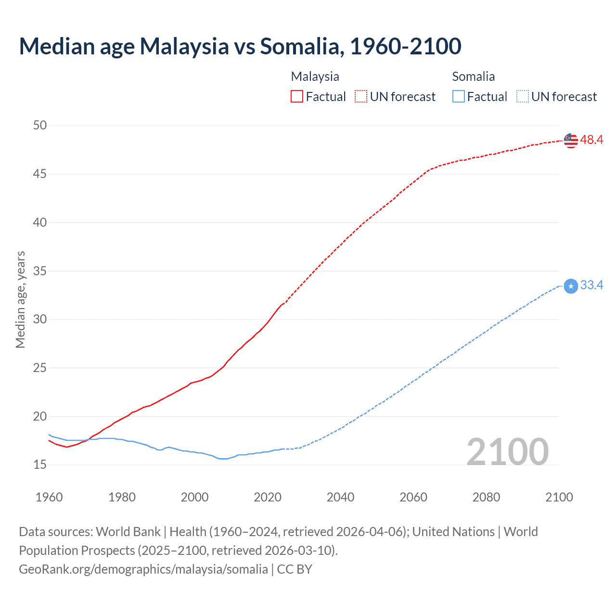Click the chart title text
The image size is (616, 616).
coord(240,46)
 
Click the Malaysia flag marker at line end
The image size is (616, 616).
coord(571,141)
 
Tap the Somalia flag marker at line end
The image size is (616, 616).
coord(571,286)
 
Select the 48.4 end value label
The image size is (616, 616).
coord(591,140)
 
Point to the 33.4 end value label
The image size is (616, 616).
coord(591,285)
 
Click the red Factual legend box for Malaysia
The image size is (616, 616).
coord(297,97)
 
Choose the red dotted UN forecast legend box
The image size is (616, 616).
coord(361,97)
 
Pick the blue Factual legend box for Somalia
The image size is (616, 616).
coord(459,97)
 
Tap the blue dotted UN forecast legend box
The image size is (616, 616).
coord(523,97)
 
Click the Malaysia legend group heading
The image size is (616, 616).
coord(315,77)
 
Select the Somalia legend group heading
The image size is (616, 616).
coord(473,77)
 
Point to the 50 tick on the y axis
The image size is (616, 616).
coord(40,126)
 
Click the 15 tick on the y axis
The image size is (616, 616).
coord(40,465)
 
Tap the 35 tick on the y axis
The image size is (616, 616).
coord(40,271)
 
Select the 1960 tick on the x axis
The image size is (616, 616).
coord(49,497)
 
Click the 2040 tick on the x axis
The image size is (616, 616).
coord(340,497)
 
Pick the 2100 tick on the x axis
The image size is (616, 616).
coord(559,497)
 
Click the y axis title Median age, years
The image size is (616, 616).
coord(20,299)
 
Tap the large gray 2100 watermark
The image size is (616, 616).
coord(507,452)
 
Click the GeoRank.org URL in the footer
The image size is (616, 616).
coord(143,569)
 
